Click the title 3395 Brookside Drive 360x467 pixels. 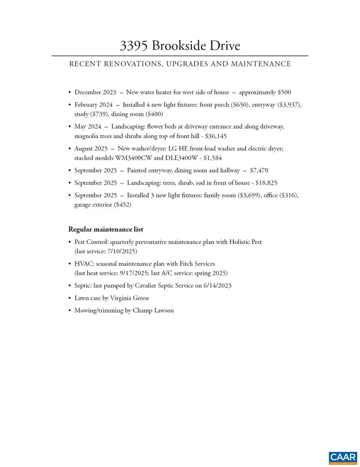pyautogui.click(x=180, y=46)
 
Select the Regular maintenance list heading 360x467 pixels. pyautogui.click(x=106, y=229)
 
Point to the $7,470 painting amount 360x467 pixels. pyautogui.click(x=259, y=171)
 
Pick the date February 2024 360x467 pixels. pyautogui.click(x=93, y=104)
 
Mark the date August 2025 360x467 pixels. pyautogui.click(x=91, y=148)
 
